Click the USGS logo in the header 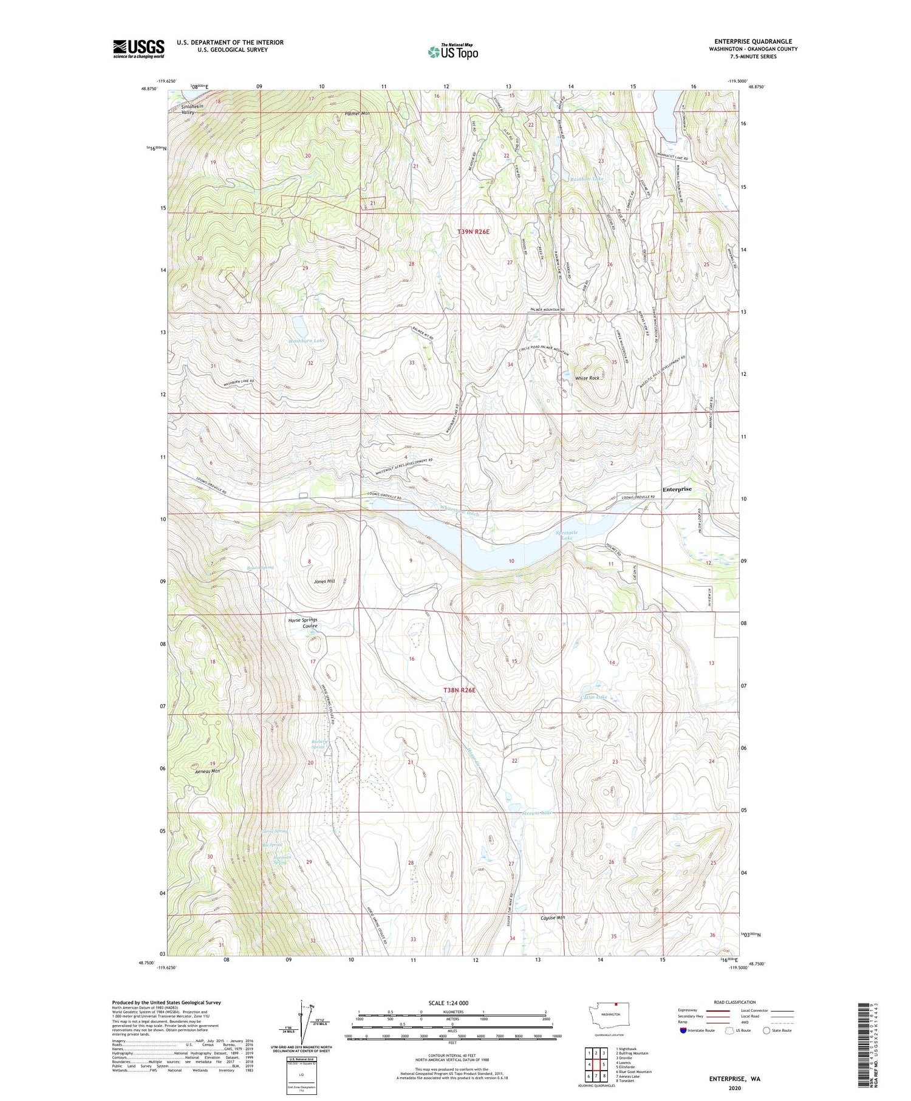[138, 49]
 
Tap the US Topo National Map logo [452, 52]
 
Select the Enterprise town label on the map [677, 489]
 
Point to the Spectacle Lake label [565, 535]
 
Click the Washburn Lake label [306, 341]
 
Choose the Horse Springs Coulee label [302, 623]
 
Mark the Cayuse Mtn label [552, 918]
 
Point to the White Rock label [587, 378]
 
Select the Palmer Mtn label [357, 114]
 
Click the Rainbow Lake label [587, 179]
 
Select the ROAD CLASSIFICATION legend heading [735, 1002]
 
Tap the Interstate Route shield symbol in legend [683, 1031]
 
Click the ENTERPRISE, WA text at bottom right [734, 1079]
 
